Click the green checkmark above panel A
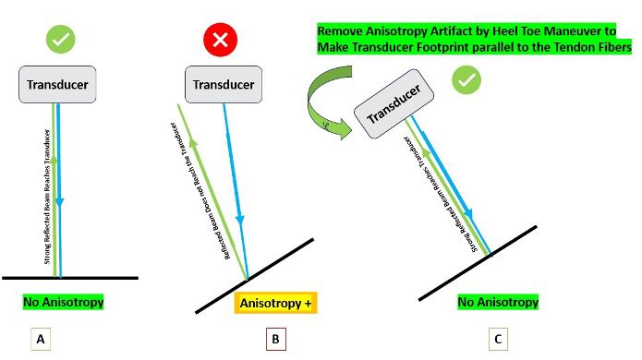tap(60, 40)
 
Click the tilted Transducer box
tap(399, 109)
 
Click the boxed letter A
tap(40, 340)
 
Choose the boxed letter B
tap(273, 340)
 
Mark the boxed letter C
tap(499, 340)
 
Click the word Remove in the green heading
tap(343, 30)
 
